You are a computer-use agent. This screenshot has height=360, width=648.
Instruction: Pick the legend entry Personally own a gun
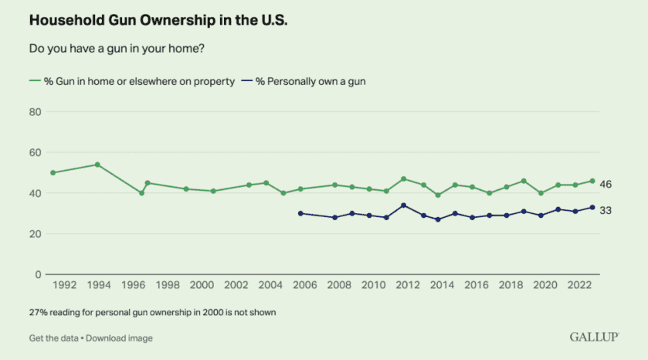[309, 81]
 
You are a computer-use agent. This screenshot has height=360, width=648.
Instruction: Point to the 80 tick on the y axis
[35, 112]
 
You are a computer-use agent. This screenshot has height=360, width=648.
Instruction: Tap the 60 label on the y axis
[35, 153]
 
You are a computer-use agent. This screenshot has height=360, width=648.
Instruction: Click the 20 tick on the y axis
[35, 233]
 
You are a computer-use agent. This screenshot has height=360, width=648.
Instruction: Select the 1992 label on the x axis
[64, 285]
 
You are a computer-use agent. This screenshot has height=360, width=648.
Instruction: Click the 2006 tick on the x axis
[304, 285]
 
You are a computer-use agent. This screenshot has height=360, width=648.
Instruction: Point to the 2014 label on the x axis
[442, 285]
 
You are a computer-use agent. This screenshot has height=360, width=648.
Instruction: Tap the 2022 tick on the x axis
[579, 285]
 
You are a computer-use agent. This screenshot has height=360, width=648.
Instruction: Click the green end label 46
[606, 184]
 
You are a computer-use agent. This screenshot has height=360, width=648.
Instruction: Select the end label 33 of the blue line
[606, 209]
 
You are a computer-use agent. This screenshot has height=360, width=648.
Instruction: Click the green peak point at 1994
[97, 165]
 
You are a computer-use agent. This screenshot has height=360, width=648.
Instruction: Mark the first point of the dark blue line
[300, 213]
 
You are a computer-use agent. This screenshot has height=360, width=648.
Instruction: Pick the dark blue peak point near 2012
[403, 205]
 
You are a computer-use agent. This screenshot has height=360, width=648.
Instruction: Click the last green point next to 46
[592, 181]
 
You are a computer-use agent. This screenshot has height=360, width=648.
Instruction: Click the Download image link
[120, 338]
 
